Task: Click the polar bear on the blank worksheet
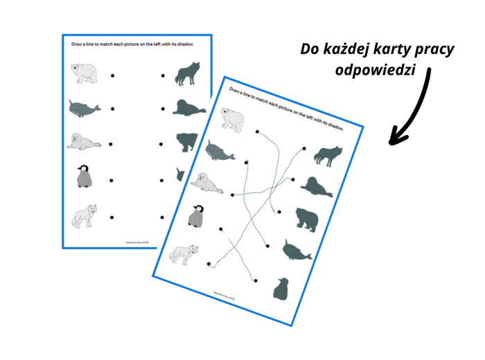(x=85, y=73)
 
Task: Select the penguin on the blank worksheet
(x=85, y=177)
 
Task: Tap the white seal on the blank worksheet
(x=84, y=142)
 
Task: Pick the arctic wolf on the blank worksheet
(x=84, y=215)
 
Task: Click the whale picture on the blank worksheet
(x=84, y=108)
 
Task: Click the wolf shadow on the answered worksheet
(x=326, y=156)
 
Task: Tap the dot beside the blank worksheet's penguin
(x=112, y=180)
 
